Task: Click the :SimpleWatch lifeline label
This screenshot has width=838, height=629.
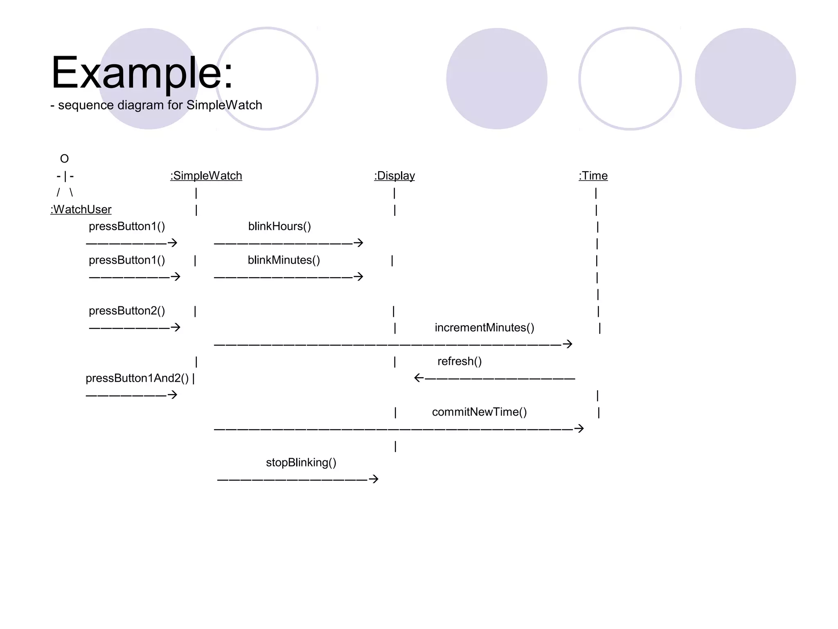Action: tap(206, 176)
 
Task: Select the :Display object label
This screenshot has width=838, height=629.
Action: tap(394, 176)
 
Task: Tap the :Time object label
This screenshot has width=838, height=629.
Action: tap(593, 176)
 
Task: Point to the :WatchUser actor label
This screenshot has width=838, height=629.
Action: tap(81, 209)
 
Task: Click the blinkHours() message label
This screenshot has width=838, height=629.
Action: tap(279, 226)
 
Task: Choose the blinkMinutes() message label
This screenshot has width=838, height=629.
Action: tap(284, 260)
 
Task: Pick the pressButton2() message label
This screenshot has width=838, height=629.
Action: tap(127, 311)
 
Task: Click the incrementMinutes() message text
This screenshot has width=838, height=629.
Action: tap(484, 328)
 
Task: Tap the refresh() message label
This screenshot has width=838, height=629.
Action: tap(460, 361)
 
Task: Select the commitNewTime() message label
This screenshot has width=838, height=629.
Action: tap(479, 412)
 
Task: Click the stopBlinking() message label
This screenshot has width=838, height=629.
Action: tap(301, 462)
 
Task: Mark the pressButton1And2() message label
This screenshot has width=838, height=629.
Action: tap(137, 378)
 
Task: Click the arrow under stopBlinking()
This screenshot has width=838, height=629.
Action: tap(297, 479)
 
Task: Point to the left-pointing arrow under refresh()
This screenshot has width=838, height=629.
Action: tap(494, 378)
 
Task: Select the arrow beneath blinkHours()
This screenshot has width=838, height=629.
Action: tap(288, 243)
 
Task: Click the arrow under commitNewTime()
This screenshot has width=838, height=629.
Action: tap(399, 429)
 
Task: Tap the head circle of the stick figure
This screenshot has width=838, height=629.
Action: tap(64, 158)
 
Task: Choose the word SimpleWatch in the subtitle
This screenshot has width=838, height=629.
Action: tap(224, 105)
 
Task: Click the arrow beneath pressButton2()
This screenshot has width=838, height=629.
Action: tap(135, 328)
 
